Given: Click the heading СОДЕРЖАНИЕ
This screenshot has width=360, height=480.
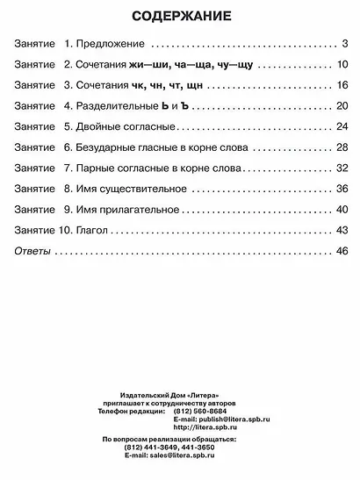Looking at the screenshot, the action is point(181,16).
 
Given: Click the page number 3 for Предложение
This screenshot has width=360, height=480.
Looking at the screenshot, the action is point(346,43).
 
